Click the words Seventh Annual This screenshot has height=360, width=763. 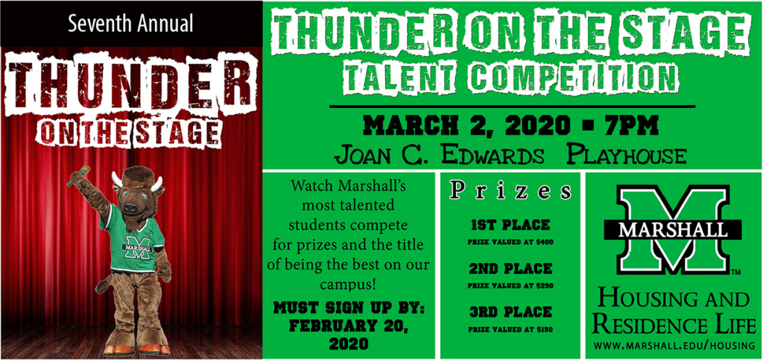click(x=130, y=23)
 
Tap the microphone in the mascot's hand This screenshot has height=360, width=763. click(x=79, y=176)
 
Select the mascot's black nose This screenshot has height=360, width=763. click(x=130, y=207)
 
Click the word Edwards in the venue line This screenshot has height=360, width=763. click(x=495, y=156)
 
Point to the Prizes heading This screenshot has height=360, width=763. click(x=510, y=191)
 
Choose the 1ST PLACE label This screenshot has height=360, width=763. click(x=510, y=225)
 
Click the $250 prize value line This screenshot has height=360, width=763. click(x=510, y=285)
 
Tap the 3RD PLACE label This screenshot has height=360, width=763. click(x=510, y=312)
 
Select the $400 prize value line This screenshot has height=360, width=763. click(x=510, y=241)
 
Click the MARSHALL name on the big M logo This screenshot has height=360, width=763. click(x=673, y=229)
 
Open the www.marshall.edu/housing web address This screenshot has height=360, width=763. click(x=674, y=345)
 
